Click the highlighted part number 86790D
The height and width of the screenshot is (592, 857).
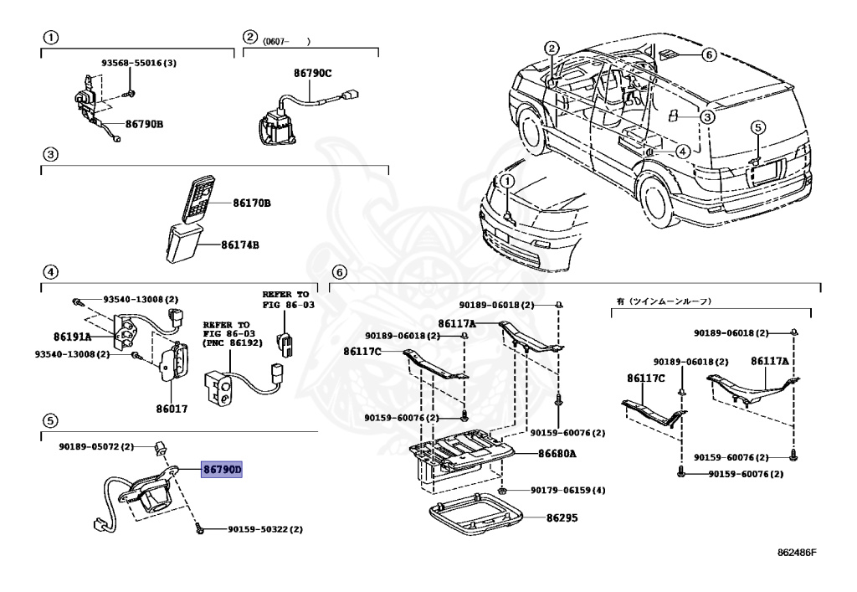pos(222,470)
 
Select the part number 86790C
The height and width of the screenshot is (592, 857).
pos(312,74)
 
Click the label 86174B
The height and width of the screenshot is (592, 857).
pos(240,245)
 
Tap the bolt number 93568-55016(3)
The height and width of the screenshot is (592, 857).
pos(139,63)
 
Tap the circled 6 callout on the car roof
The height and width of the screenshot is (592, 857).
pos(708,55)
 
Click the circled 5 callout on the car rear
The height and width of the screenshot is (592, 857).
pos(757,127)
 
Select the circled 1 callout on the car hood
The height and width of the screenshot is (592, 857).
pos(506,181)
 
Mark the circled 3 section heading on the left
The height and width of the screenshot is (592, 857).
pos(50,154)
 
